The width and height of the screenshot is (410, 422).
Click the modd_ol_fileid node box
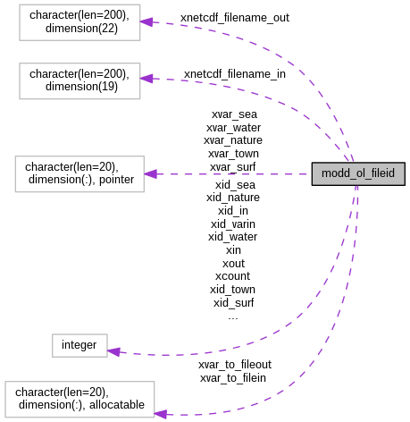pyautogui.click(x=358, y=174)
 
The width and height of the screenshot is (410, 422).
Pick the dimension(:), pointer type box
pyautogui.click(x=79, y=173)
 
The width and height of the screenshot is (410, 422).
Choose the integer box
pyautogui.click(x=79, y=345)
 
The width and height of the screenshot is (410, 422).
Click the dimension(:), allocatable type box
pyautogui.click(x=79, y=398)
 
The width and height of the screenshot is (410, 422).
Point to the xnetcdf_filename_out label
pyautogui.click(x=234, y=17)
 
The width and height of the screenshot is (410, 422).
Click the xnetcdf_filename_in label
pyautogui.click(x=234, y=73)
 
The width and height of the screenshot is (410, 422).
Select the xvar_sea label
pyautogui.click(x=234, y=114)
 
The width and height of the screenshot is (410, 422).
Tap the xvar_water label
pyautogui.click(x=233, y=127)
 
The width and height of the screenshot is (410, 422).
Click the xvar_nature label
pyautogui.click(x=233, y=139)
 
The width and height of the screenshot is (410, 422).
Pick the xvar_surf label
pyautogui.click(x=233, y=166)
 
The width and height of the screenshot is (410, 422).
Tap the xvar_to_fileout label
pyautogui.click(x=235, y=365)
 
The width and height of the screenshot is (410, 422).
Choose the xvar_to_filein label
pyautogui.click(x=233, y=378)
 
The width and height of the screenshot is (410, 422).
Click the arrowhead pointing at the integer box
pyautogui.click(x=113, y=351)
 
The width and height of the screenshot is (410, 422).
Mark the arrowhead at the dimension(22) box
pyautogui.click(x=146, y=21)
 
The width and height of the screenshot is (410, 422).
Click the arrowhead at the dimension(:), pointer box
pyautogui.click(x=150, y=173)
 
